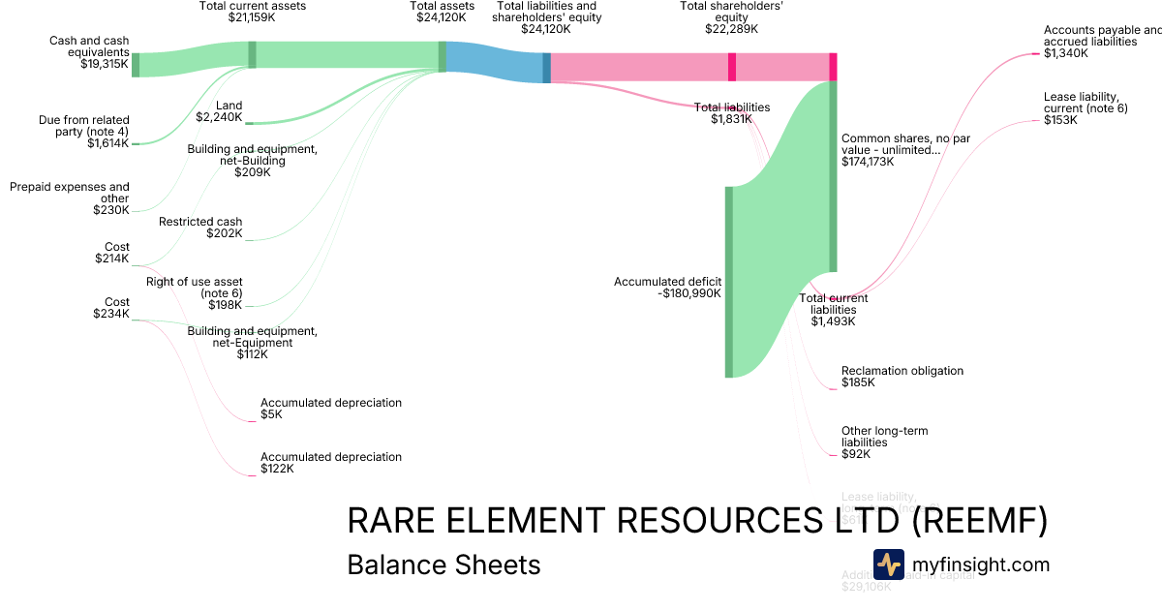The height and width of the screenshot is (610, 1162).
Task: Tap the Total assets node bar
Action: (x=443, y=57)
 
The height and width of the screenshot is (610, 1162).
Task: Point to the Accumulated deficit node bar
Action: (x=729, y=281)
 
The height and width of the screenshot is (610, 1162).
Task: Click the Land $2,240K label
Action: (x=219, y=111)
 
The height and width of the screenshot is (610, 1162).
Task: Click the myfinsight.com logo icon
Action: (x=888, y=564)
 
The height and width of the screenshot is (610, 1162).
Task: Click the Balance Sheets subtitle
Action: (x=443, y=564)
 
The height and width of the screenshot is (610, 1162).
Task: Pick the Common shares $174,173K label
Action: (x=905, y=150)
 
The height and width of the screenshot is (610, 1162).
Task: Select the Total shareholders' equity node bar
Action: (x=732, y=67)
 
